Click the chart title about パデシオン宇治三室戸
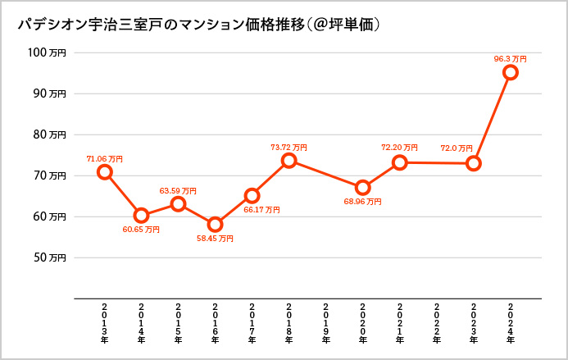[198, 25]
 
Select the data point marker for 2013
[104, 171]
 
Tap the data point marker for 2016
[215, 224]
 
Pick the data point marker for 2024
[510, 72]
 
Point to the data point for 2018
[289, 161]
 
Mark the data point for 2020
[362, 187]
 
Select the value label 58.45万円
[215, 239]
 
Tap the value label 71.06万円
[104, 158]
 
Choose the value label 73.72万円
[289, 148]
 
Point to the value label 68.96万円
[362, 201]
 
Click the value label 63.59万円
[178, 190]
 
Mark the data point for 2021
[399, 162]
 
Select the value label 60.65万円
[141, 230]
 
